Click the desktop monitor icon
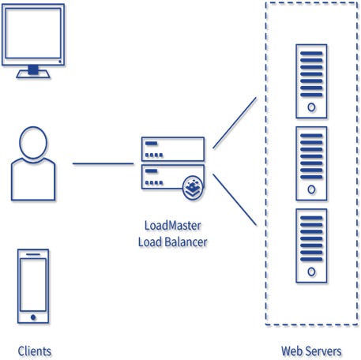[x=33, y=36]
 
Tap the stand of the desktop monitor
[x=33, y=72]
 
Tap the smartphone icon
[x=32, y=286]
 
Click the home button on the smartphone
[x=32, y=317]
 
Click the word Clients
[x=34, y=351]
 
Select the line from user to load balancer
[x=103, y=164]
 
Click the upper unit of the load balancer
[x=172, y=148]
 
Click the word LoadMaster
[x=172, y=226]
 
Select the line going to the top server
[x=235, y=122]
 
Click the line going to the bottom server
[x=235, y=200]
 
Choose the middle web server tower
[x=310, y=163]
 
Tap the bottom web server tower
[x=310, y=245]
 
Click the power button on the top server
[x=310, y=107]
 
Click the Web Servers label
[x=310, y=351]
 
